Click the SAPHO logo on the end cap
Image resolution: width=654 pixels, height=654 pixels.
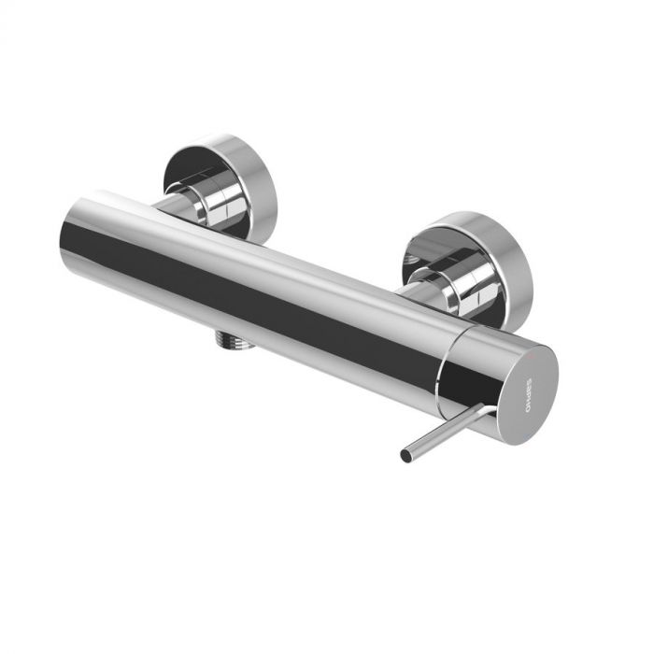coord(526,392)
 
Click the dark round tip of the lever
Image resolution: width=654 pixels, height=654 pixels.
coord(405,457)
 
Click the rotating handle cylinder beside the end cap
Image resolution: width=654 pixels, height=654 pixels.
coord(472,369)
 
